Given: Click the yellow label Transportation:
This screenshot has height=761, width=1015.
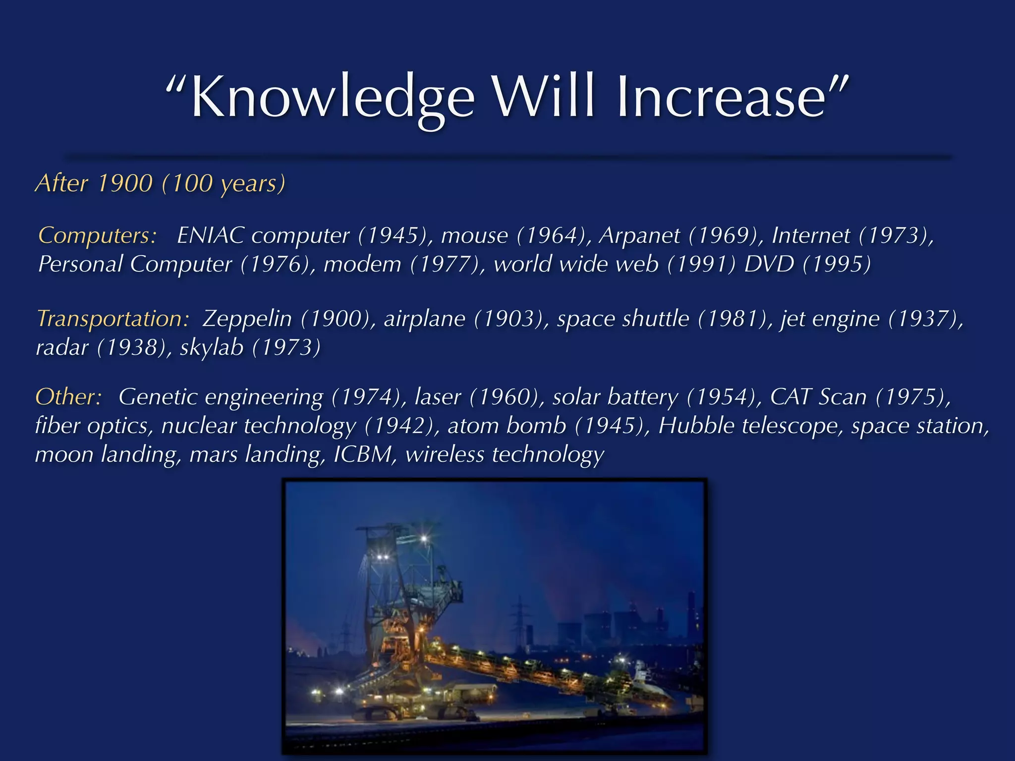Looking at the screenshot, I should pos(113,319).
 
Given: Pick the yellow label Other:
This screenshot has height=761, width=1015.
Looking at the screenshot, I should pos(69,397).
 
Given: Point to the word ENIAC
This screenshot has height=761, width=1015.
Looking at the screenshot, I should pos(210,235).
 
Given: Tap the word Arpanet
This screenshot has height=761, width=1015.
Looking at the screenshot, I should pos(639,235).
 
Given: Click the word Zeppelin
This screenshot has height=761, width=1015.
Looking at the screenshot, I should pos(247,319).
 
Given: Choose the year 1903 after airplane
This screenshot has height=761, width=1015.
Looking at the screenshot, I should pos(508,319).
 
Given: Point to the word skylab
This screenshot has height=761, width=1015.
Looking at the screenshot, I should pos(212,347).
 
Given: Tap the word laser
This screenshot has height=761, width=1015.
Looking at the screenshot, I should pos(438,397).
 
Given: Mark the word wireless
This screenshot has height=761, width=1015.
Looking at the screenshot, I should pos(445,454).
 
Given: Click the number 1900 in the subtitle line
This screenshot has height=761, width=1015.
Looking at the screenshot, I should pos(125,183).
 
